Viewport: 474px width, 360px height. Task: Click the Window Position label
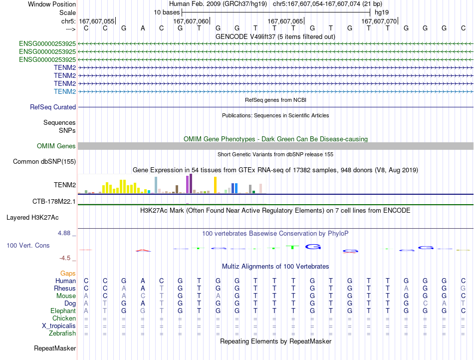click(52, 4)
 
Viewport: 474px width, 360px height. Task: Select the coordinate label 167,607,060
click(191, 21)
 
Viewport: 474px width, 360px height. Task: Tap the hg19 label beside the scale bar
click(382, 12)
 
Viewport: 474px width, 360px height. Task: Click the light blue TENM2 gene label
click(65, 91)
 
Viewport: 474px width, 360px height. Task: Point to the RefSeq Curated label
click(53, 107)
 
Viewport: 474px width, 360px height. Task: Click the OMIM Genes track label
click(56, 146)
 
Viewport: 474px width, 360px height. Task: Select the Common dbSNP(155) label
click(44, 162)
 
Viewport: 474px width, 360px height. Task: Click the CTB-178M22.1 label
click(54, 202)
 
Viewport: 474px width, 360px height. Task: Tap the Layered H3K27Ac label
click(32, 218)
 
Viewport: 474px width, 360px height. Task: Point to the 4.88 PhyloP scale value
click(64, 233)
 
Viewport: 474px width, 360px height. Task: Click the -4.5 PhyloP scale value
click(65, 258)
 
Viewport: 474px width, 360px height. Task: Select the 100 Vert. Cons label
click(28, 245)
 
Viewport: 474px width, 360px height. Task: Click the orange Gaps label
click(68, 274)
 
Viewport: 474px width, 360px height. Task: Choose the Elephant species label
click(63, 311)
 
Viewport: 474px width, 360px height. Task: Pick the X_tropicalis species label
click(59, 326)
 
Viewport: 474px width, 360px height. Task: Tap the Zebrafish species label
click(62, 334)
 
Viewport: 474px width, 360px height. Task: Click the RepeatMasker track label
click(55, 348)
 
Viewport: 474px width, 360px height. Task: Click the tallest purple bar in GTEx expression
click(191, 184)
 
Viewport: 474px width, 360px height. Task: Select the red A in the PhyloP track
click(143, 251)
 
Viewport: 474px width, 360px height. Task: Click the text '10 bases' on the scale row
click(167, 12)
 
